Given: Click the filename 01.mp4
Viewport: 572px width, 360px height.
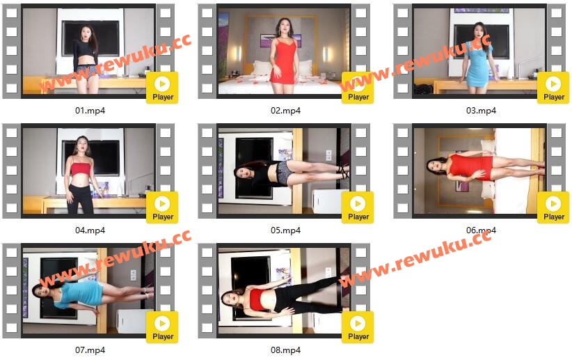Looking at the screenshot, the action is coord(90,110).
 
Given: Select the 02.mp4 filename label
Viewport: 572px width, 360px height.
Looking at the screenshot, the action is coord(285,110).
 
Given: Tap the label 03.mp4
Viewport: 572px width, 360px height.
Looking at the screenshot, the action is coord(481,110).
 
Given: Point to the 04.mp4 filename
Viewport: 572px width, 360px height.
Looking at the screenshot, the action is coord(90,230).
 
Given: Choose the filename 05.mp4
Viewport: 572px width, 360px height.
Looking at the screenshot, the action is coord(285,230).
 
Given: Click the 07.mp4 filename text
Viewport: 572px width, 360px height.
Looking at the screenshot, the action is coord(90,350).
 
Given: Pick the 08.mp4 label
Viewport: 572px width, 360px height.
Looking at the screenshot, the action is coord(285,350).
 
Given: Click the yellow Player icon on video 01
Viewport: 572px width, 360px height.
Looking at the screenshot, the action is coord(162,88).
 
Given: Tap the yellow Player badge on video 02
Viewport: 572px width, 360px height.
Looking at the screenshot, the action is coord(358,88).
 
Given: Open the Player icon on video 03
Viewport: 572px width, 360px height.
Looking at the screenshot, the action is coord(553,88).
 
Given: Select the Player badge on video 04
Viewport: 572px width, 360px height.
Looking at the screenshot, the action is coord(162,208).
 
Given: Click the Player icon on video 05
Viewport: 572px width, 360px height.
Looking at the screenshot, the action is coord(358,208).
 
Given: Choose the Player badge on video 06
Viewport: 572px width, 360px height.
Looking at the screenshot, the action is coord(553,208).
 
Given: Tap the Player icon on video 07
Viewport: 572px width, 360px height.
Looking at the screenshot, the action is coord(162,327).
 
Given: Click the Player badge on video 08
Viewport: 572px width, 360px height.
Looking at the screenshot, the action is coord(358,327).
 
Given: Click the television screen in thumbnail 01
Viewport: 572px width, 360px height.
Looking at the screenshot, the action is coord(90,38).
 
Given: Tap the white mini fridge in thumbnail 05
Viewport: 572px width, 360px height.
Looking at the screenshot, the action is coord(326,201).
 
